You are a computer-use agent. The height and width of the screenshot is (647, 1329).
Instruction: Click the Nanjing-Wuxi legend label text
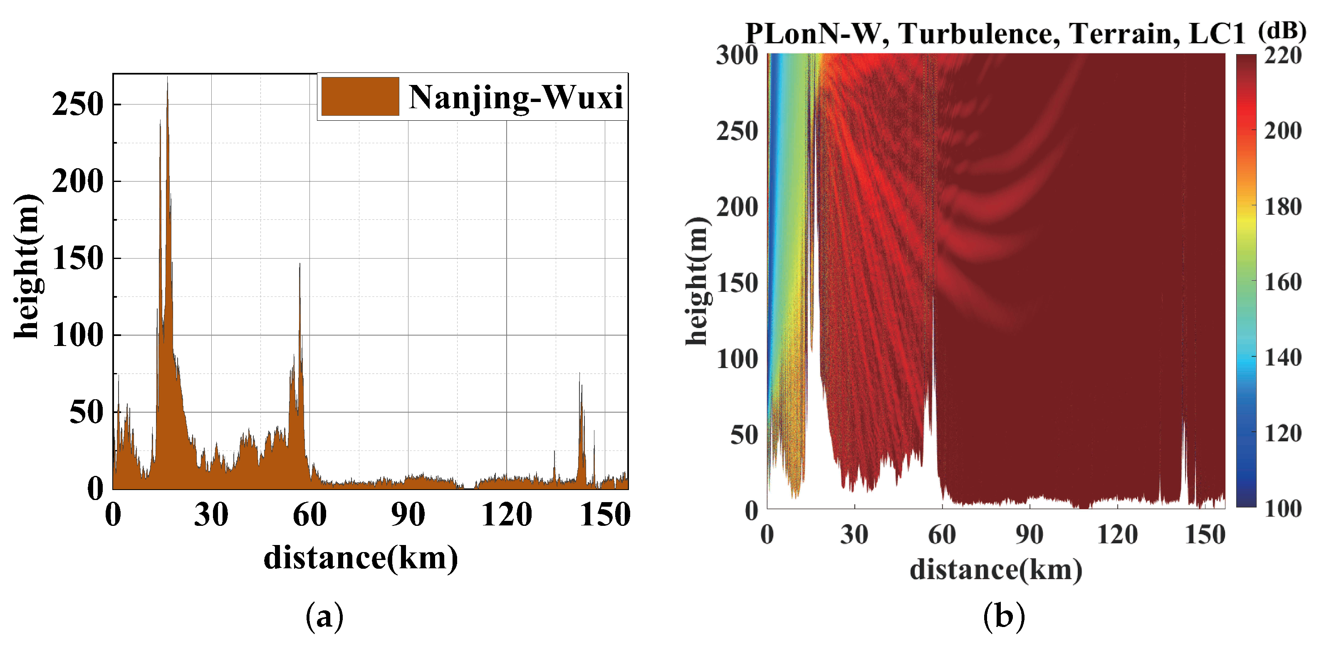[515, 97]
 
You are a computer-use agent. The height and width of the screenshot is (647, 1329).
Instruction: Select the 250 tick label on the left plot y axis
[78, 105]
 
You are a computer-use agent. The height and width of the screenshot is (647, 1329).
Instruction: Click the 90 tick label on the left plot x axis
[408, 515]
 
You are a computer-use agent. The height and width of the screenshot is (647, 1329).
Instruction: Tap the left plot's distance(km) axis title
[361, 558]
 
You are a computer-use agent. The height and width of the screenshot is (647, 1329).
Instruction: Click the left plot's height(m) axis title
[27, 266]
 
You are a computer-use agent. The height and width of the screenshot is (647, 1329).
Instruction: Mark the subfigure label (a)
[324, 616]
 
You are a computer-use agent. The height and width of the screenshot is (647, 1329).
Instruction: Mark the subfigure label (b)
[1003, 616]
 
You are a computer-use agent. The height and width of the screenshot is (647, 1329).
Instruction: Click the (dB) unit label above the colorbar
[1282, 31]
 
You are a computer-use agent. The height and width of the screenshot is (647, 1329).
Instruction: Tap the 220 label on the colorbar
[1282, 55]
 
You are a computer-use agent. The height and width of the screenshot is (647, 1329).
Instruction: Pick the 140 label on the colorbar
[1282, 357]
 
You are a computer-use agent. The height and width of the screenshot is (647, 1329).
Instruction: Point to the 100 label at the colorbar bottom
[1282, 509]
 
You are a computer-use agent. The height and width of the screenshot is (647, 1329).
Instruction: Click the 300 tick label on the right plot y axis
[737, 55]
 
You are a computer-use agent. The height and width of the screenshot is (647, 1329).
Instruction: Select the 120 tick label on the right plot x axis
[1117, 535]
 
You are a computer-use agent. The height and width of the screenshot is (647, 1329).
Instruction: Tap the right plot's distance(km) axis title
[996, 570]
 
